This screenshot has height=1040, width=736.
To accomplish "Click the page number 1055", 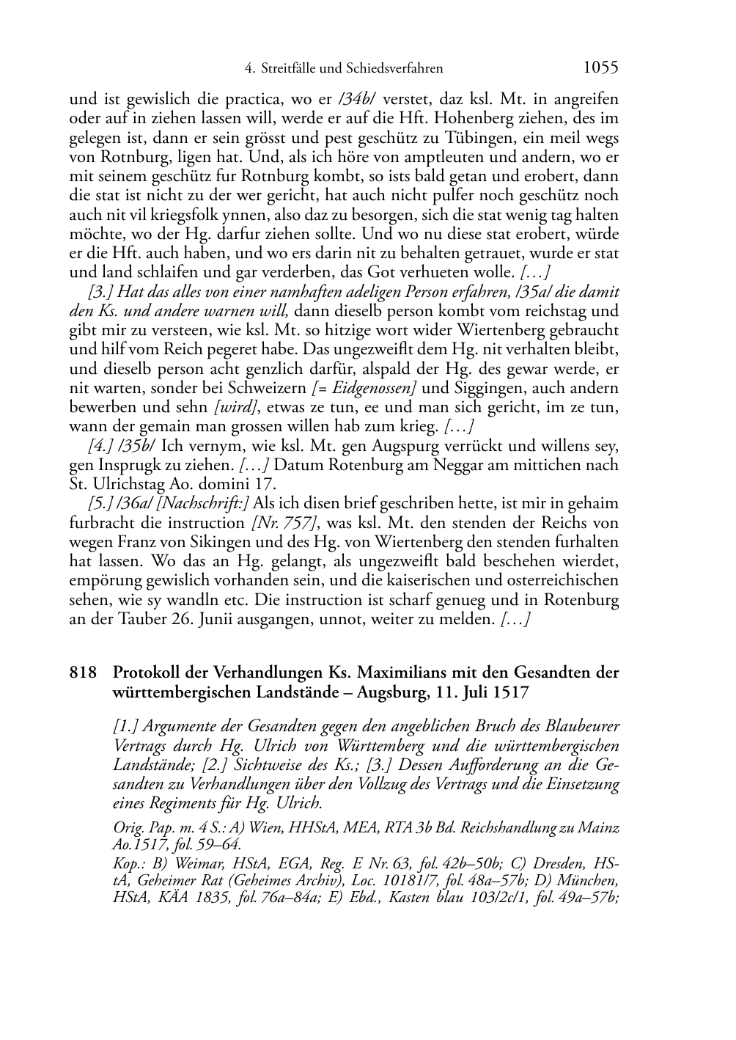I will point(600,68).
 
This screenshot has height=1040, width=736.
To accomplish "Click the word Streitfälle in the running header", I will point(290,69).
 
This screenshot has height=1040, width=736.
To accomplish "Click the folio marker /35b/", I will point(137,446).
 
